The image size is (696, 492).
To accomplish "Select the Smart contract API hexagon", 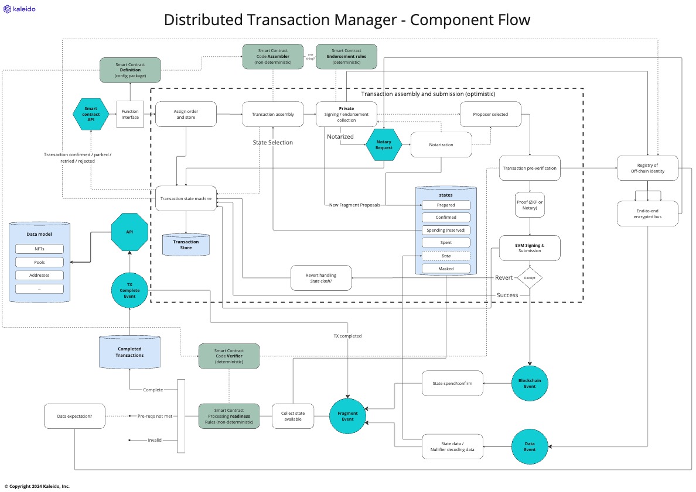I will tap(91, 114).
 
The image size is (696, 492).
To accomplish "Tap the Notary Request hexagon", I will tap(384, 144).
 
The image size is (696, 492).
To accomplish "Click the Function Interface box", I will tap(130, 114).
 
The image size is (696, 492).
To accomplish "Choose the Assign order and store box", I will tap(186, 114).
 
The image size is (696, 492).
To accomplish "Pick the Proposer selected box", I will tap(491, 114).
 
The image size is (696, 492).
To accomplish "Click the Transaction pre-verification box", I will tap(530, 168).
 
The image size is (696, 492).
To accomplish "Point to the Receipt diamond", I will tap(530, 278).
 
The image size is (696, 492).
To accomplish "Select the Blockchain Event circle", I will tap(530, 383).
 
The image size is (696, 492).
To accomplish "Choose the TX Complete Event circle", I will tap(129, 290).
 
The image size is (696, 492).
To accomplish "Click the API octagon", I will tap(129, 232).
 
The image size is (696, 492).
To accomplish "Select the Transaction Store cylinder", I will tap(186, 244).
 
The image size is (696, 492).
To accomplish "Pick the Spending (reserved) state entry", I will tap(446, 230).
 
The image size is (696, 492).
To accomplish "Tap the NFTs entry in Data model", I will tap(39, 249).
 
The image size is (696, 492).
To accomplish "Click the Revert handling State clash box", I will tap(321, 278).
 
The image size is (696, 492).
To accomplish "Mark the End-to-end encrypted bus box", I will tap(647, 214).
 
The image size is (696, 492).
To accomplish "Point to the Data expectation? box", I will tap(74, 416).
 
